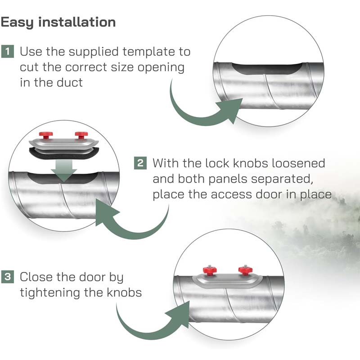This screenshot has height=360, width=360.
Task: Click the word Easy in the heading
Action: click(19, 22)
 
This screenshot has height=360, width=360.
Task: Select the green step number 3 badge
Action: click(7, 276)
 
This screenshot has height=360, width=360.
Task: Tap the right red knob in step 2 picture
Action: click(81, 135)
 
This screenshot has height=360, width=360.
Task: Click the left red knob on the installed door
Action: click(208, 270)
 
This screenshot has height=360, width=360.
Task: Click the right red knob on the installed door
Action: click(245, 270)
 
